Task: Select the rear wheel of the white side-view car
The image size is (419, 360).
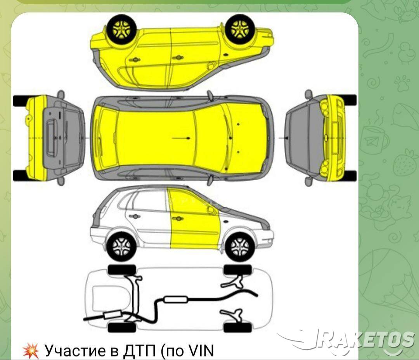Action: coord(121,247)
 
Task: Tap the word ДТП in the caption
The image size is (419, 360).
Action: coord(139,350)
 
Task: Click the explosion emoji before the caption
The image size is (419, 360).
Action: coord(31,351)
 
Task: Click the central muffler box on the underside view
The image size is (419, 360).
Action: coord(175,299)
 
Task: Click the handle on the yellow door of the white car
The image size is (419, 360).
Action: coord(178,219)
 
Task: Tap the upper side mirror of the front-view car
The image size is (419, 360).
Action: coord(309,94)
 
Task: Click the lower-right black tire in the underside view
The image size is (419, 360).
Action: coord(237,327)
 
